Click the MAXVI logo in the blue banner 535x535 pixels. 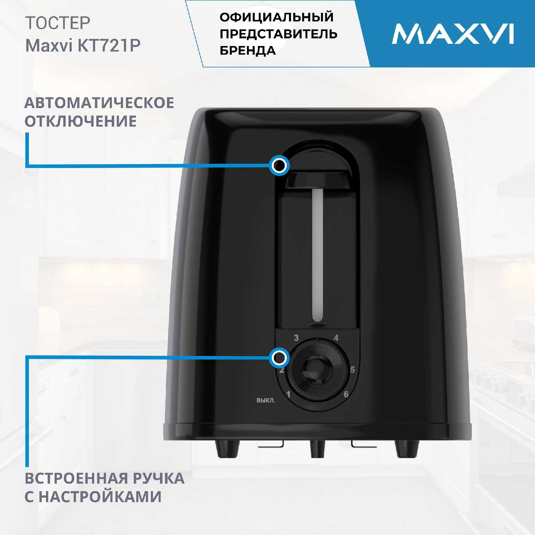point(453,34)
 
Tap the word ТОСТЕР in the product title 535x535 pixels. point(58,23)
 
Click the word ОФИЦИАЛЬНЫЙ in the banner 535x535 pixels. point(277,17)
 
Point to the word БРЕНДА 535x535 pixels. point(248,51)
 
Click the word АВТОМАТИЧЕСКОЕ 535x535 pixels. point(99,103)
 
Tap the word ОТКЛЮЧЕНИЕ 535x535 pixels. point(81,121)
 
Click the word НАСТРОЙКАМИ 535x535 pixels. point(100,496)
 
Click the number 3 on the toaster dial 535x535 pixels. point(296,338)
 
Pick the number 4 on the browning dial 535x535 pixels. point(336,338)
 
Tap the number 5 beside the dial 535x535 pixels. point(352,370)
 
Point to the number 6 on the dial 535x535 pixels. point(346,394)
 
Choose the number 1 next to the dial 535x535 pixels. point(288,394)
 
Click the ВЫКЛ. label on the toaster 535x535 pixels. point(266,401)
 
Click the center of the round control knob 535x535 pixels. point(317,370)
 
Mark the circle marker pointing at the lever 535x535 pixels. point(279,165)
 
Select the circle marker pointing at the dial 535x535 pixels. point(279,357)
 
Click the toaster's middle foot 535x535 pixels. point(317,449)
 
